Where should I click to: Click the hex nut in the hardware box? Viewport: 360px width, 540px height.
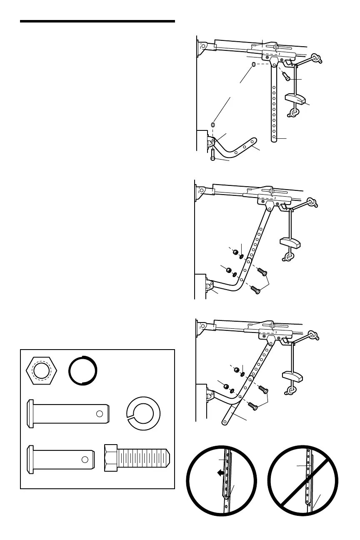click(40, 370)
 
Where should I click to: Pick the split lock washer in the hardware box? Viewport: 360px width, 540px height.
click(143, 414)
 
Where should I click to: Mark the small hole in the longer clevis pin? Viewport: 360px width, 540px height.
click(100, 414)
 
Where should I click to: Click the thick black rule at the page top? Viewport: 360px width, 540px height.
click(97, 21)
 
